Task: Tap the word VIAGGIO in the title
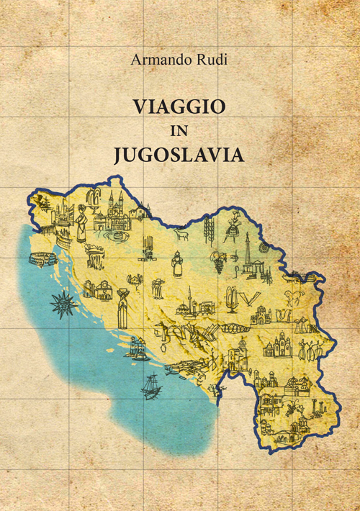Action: [179, 107]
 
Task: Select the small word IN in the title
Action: [179, 132]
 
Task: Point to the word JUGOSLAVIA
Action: [179, 155]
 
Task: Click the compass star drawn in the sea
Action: [63, 305]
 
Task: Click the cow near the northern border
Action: [181, 233]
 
